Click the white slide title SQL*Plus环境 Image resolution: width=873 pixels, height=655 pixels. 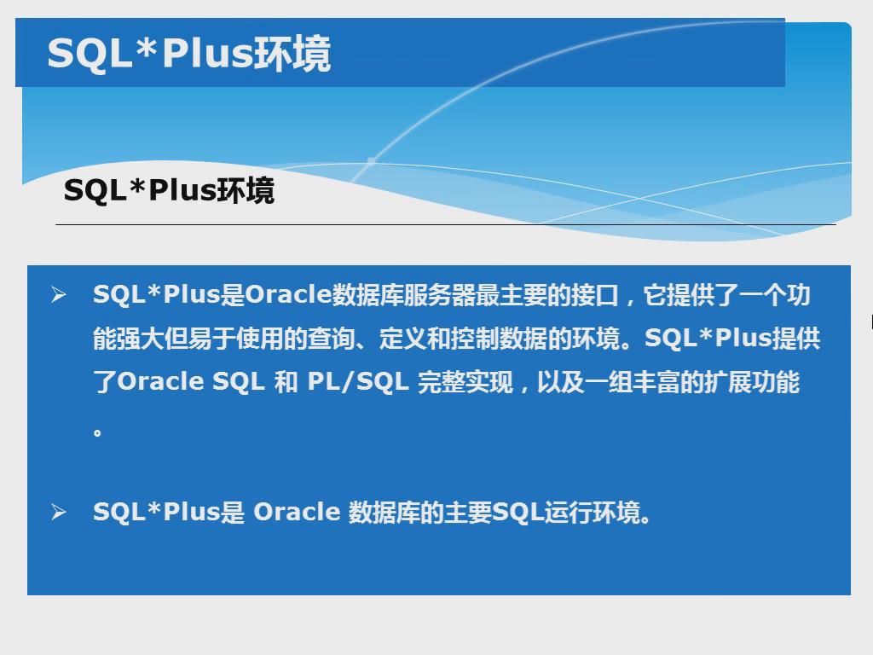coord(188,54)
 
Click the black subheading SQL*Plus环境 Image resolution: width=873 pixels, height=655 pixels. coord(170,190)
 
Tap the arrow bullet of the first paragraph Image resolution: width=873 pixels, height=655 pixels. coord(59,294)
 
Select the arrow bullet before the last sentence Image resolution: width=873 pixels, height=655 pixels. coord(59,512)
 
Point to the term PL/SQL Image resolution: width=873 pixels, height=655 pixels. coord(358,382)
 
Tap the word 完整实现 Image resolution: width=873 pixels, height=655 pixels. coord(465,382)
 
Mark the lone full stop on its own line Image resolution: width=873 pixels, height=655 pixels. coord(97,432)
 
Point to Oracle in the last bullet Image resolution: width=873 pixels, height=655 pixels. coord(297,512)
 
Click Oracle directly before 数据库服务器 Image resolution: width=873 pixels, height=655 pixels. coord(288,294)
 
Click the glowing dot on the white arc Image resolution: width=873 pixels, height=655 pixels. coord(371,161)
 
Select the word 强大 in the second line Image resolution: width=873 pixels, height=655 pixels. coord(141,338)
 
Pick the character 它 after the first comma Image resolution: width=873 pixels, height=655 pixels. coord(655,295)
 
